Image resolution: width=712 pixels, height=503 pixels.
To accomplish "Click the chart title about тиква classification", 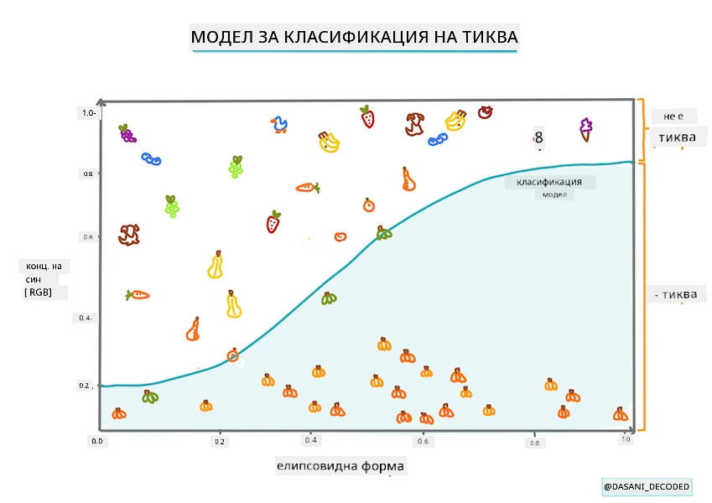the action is tap(354, 37).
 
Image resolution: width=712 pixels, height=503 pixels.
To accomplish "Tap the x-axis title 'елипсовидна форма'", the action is tap(340, 466).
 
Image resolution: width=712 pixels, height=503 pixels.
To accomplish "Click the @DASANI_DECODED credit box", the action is tap(647, 487).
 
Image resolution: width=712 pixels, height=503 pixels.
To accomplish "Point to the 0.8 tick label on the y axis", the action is tap(88, 174).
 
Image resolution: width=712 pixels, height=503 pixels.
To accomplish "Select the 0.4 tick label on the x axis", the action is tap(310, 440).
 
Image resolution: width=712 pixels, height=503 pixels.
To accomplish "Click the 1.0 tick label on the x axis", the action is tap(626, 439).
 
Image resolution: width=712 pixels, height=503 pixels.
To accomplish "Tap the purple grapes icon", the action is tap(127, 133).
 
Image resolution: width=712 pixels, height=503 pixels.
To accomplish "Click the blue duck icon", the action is tap(279, 124).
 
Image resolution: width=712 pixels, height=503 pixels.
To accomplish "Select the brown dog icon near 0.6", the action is tap(129, 235).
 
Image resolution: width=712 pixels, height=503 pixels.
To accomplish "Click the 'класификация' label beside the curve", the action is tap(549, 182).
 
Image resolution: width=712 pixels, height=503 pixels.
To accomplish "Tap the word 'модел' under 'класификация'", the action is tap(554, 194).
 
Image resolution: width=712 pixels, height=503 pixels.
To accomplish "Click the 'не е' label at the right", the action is tap(673, 117).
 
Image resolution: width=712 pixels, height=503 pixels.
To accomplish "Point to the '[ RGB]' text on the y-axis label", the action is tap(38, 293).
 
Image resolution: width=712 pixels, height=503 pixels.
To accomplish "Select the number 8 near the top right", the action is tap(538, 137).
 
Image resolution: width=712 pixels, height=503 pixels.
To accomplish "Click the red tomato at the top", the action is tap(485, 111).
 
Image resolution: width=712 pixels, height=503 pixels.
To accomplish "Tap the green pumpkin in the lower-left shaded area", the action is tap(150, 397).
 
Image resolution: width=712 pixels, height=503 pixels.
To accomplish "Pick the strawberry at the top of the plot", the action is tap(367, 117).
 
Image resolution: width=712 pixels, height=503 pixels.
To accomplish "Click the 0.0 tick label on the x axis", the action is tap(97, 441).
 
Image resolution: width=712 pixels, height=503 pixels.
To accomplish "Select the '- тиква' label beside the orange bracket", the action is tap(676, 294).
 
